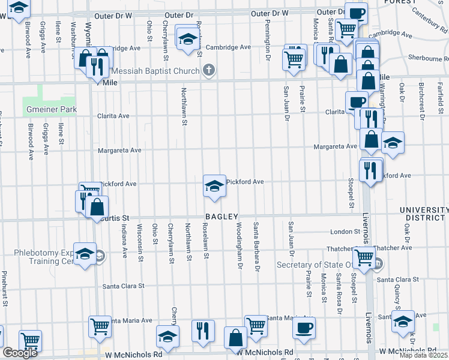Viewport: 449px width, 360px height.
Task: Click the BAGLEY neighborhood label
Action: pyautogui.click(x=222, y=217)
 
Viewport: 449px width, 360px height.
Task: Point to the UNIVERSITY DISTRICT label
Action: pyautogui.click(x=424, y=214)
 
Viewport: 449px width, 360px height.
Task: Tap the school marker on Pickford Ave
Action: pyautogui.click(x=214, y=185)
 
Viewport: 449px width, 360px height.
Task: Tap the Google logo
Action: pyautogui.click(x=20, y=353)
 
